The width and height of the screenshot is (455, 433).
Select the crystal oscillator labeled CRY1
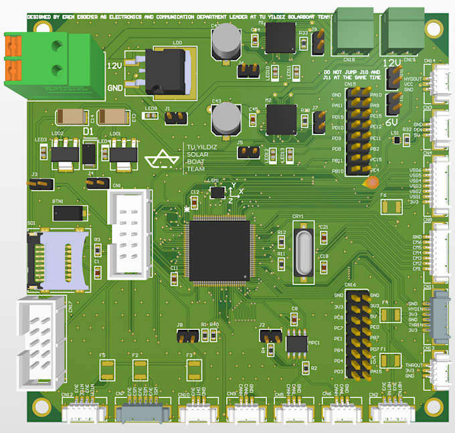pyautogui.click(x=301, y=250)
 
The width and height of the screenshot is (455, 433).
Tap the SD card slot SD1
pyautogui.click(x=58, y=259)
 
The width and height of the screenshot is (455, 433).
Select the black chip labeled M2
pyautogui.click(x=281, y=119)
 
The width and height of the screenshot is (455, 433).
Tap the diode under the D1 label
pyautogui.click(x=88, y=155)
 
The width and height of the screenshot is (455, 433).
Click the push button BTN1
pyautogui.click(x=70, y=213)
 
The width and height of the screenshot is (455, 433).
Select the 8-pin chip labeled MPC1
pyautogui.click(x=295, y=343)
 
